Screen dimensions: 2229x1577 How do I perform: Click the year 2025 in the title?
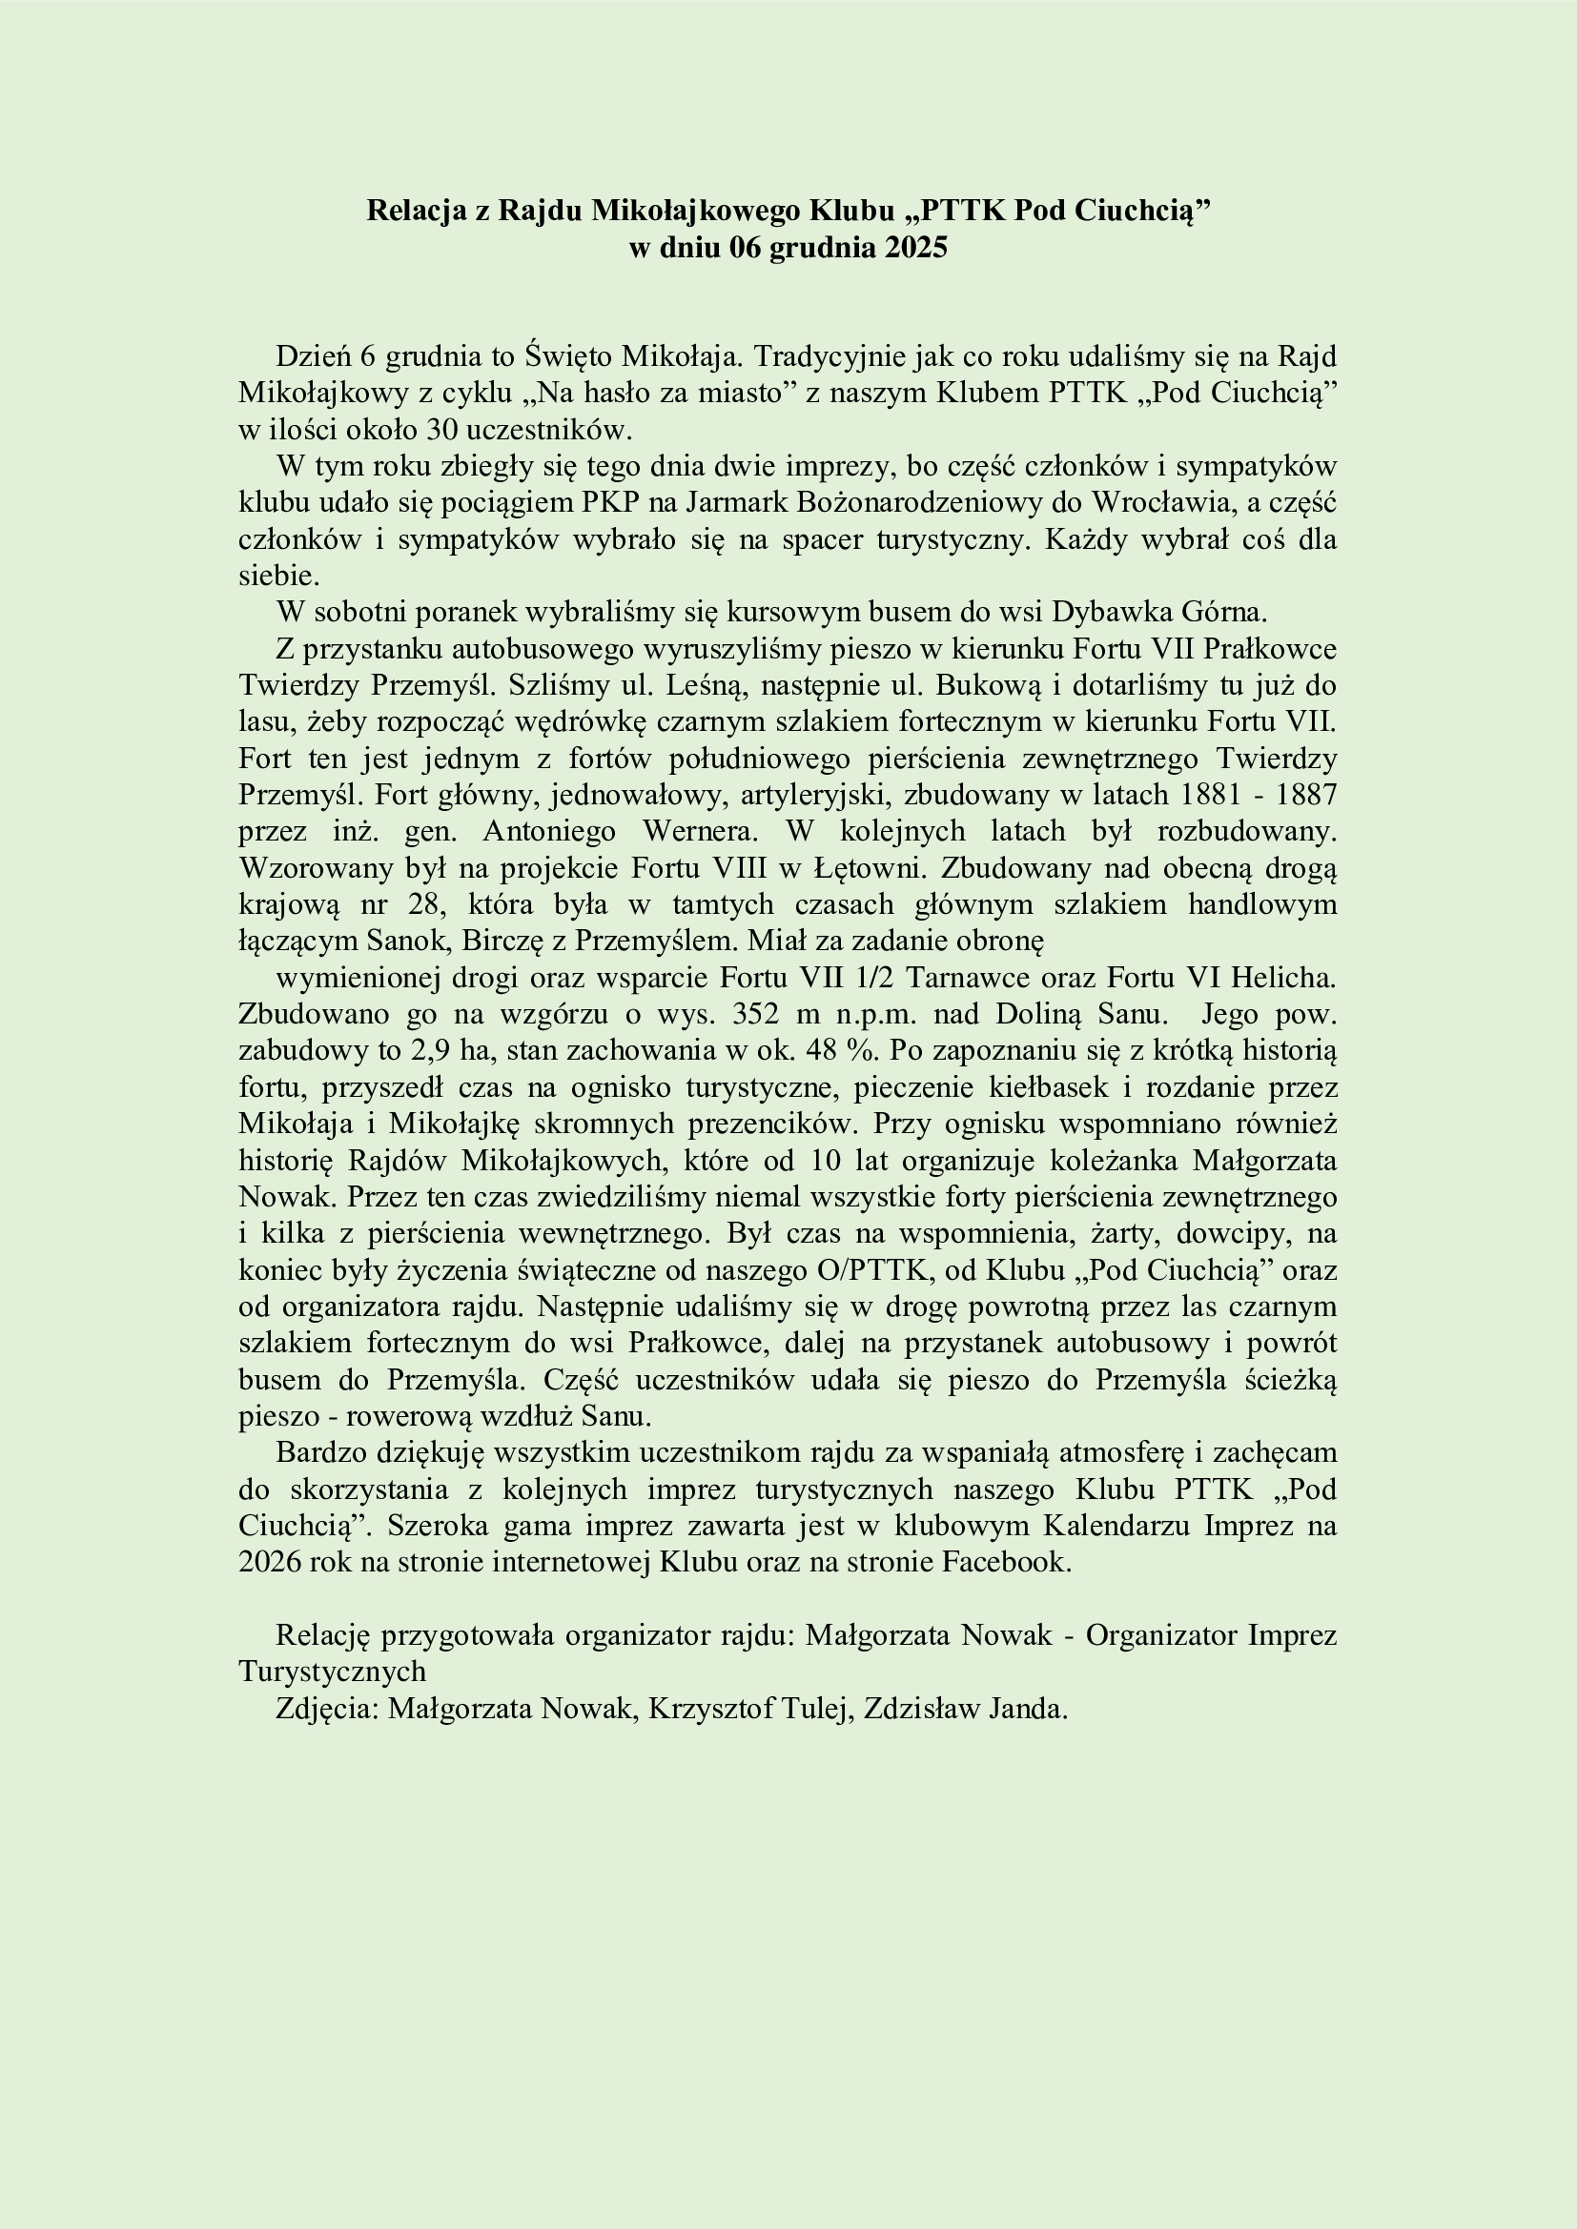[914, 249]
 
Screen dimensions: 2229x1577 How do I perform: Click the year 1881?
[1209, 795]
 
